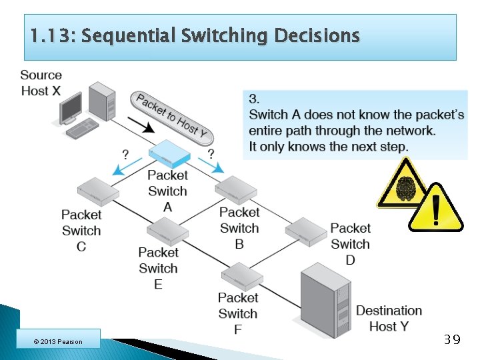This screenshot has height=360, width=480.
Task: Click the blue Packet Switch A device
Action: (171, 155)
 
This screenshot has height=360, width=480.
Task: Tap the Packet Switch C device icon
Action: (97, 191)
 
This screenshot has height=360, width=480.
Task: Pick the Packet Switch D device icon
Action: (306, 230)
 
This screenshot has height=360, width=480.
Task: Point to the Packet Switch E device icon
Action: (167, 231)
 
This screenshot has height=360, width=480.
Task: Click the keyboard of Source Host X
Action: (81, 127)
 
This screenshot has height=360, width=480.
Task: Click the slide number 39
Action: (451, 340)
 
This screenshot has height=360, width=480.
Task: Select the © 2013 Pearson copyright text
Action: (58, 342)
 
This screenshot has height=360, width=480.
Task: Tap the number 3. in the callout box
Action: (253, 98)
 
